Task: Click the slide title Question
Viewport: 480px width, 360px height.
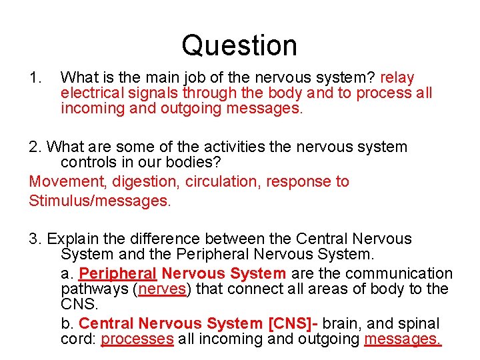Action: (x=239, y=45)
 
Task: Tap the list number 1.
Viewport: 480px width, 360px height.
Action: (x=35, y=79)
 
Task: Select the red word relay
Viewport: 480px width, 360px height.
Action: (x=397, y=79)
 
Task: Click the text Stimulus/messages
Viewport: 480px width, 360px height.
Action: (x=100, y=200)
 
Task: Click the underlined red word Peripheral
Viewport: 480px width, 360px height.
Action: (x=117, y=273)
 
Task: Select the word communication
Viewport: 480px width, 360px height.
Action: (x=403, y=273)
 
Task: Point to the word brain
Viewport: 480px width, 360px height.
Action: (x=344, y=324)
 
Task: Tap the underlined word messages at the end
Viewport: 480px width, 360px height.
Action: (x=403, y=339)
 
